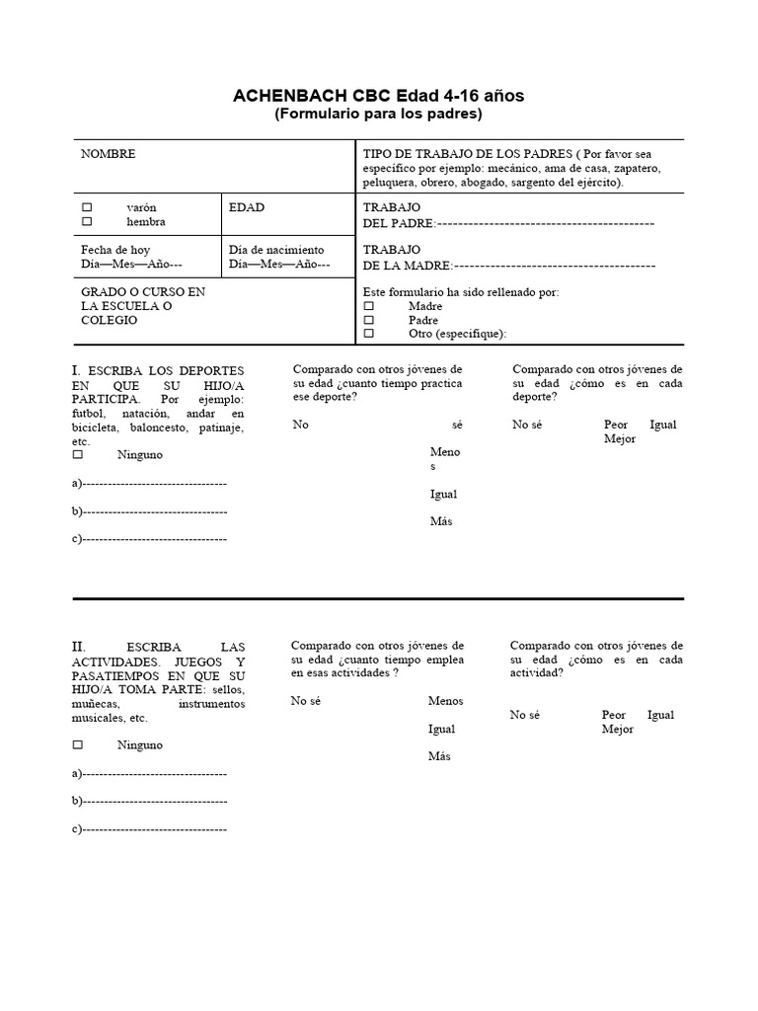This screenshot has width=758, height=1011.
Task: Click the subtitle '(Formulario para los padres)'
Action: coord(378,115)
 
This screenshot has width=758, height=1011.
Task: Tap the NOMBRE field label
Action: coord(109,154)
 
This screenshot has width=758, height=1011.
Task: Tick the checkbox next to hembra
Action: coord(87,222)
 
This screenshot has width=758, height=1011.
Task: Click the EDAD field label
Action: coord(247,208)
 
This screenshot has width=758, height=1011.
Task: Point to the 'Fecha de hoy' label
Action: coord(115,250)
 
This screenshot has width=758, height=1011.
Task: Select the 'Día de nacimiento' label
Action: coord(275,250)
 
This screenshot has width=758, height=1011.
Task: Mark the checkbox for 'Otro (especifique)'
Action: coord(369,334)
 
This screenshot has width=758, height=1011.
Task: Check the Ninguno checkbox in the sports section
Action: coord(77,455)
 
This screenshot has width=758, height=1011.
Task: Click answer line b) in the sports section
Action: coord(154,511)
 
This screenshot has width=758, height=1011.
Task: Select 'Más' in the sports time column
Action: coord(441,521)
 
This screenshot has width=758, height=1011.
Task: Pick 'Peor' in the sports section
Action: coord(616,425)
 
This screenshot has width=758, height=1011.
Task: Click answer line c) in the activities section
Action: coord(154,829)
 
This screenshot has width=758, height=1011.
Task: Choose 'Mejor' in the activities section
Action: coord(618,730)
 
